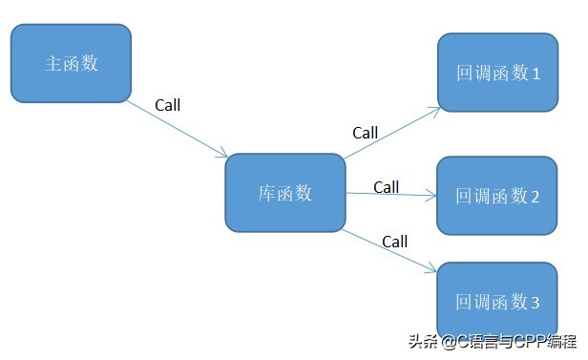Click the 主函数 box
71,63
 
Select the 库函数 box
284,193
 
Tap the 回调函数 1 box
496,73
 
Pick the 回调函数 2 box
496,197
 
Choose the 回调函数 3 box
496,301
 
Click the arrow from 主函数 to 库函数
177,127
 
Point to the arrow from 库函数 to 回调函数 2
391,195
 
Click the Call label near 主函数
166,105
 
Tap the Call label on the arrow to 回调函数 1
365,133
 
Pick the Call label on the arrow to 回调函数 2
386,187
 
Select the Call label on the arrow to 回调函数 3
394,242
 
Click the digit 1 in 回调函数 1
535,74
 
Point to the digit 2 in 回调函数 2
535,198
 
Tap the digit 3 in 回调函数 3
535,303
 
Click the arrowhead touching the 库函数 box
223,154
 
